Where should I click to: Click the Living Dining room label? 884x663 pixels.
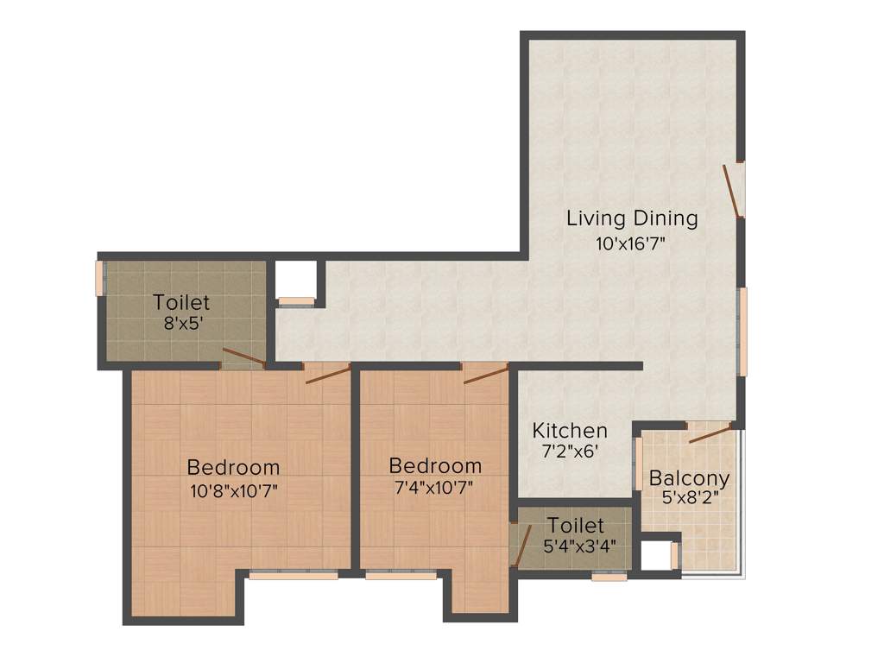click(x=632, y=218)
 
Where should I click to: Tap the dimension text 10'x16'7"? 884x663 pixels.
click(x=632, y=243)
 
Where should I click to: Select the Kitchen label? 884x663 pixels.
click(x=569, y=430)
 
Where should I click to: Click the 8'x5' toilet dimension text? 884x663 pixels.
click(x=181, y=325)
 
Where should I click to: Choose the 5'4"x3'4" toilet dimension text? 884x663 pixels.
click(x=575, y=546)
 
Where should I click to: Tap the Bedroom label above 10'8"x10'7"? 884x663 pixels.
click(x=233, y=467)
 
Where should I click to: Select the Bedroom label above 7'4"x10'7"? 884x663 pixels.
click(x=435, y=465)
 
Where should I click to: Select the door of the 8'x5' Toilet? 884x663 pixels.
click(x=243, y=358)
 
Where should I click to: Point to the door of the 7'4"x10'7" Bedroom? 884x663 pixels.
click(x=485, y=373)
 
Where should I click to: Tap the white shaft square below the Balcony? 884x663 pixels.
click(x=655, y=555)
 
